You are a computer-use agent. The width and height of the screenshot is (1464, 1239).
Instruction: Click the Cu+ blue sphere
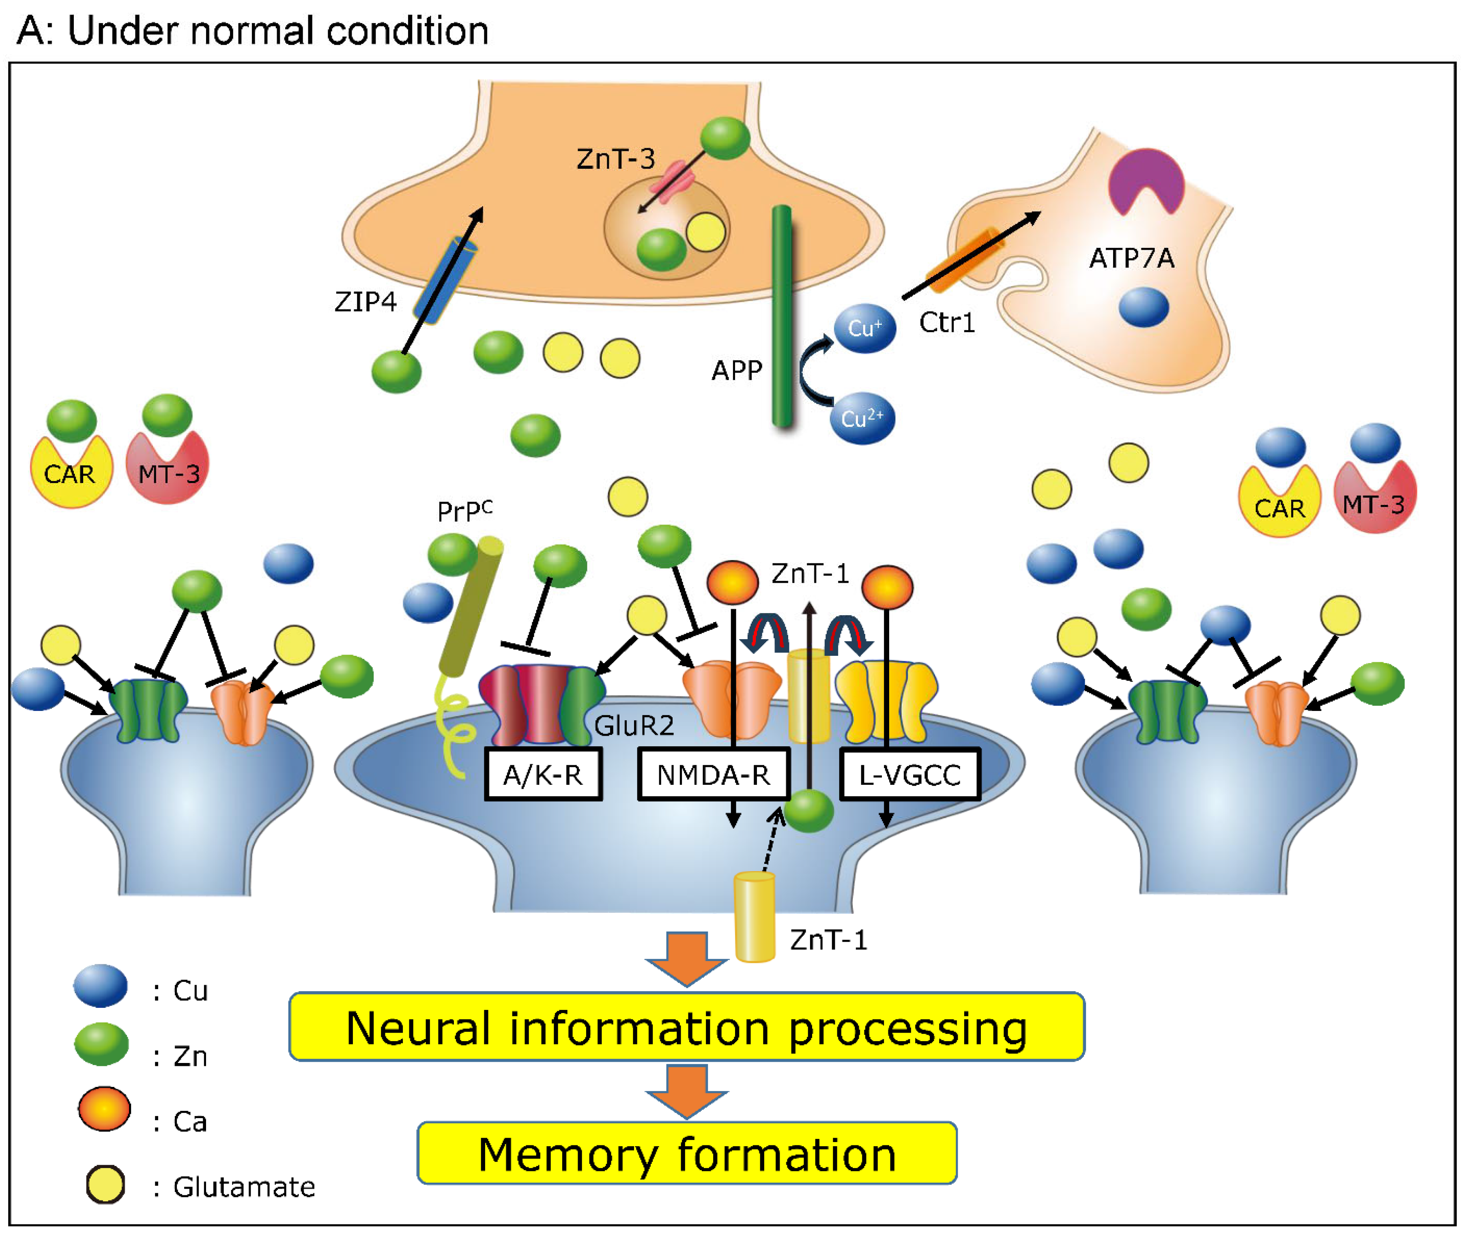point(865,328)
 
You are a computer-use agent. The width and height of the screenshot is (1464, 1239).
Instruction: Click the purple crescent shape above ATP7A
point(1146,179)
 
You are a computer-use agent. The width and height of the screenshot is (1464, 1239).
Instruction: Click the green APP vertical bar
point(782,316)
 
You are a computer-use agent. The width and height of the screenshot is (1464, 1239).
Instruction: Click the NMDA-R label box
point(714,774)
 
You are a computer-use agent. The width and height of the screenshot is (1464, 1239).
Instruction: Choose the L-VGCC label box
point(910,774)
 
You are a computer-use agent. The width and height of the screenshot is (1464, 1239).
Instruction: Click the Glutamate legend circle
point(105,1185)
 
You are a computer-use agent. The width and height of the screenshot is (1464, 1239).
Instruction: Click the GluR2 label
point(634,725)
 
